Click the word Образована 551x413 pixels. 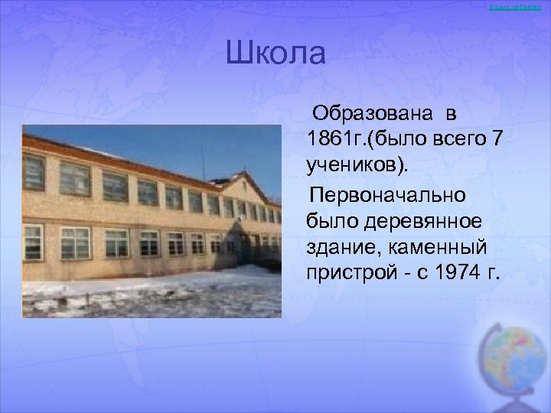[x=370, y=115]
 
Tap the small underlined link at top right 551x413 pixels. [x=522, y=7]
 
